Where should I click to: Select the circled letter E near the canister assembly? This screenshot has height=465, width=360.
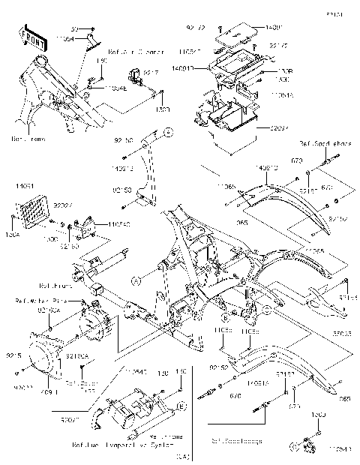(x=181, y=406)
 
